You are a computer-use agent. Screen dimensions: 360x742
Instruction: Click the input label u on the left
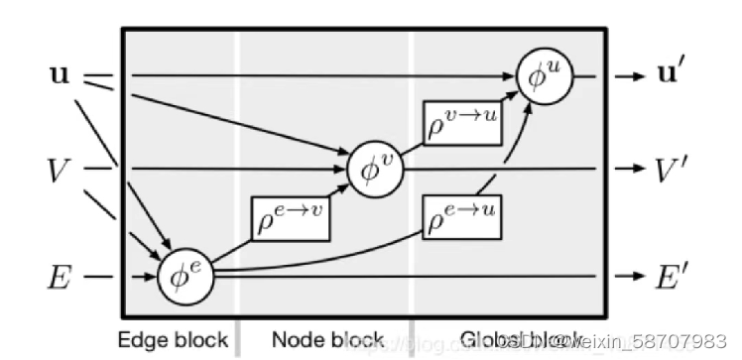pyautogui.click(x=61, y=74)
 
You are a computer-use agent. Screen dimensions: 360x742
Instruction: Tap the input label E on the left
pyautogui.click(x=60, y=278)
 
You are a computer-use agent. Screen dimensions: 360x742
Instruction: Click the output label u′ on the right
pyautogui.click(x=677, y=74)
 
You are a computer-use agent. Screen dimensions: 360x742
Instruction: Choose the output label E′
pyautogui.click(x=675, y=278)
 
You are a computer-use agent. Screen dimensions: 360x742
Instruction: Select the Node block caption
pyautogui.click(x=327, y=340)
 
